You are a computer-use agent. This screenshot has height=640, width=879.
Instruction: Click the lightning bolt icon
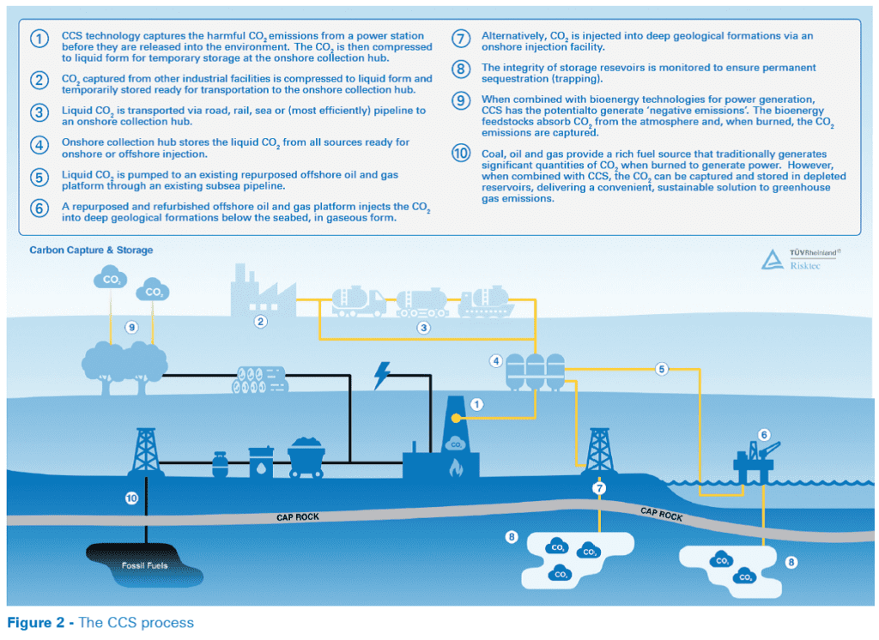382,376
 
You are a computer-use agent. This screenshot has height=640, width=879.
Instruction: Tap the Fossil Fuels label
144,565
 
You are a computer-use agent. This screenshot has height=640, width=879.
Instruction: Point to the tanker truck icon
359,301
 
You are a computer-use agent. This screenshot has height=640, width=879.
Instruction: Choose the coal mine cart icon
306,457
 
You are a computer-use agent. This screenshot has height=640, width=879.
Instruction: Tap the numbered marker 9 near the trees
131,327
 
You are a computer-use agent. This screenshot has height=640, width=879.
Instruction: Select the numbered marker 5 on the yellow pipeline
662,369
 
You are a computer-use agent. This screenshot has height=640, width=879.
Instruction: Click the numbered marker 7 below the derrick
599,488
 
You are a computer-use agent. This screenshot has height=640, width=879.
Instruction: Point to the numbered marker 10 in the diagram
131,498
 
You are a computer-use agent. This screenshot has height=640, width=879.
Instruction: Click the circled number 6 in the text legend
39,208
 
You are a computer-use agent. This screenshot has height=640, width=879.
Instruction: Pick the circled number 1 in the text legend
39,39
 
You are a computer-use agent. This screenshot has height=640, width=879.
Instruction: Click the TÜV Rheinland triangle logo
773,259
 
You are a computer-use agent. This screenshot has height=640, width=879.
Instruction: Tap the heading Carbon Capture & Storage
91,250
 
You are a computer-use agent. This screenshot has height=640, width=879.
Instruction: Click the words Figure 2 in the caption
36,623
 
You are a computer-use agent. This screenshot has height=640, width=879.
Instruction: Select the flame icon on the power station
456,468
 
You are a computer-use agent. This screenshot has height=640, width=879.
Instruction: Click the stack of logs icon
259,379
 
